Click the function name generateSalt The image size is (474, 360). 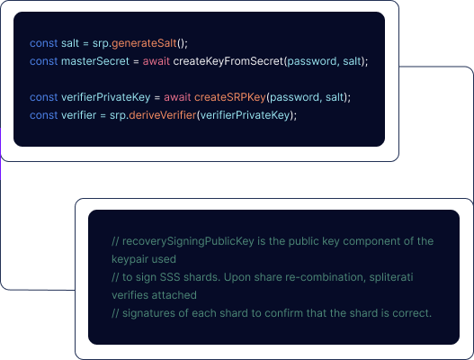pos(144,43)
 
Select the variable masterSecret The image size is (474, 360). pos(95,61)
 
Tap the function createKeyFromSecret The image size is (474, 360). pos(228,61)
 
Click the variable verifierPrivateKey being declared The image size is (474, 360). pos(106,97)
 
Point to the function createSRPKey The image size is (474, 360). pos(230,97)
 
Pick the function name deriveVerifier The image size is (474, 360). pos(163,115)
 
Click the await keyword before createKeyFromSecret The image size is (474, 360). pos(157,61)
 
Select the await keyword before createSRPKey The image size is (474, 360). pos(177,97)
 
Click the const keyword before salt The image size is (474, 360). pos(43,43)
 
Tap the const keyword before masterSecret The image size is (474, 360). pos(43,61)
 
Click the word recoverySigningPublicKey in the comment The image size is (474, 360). pos(188,241)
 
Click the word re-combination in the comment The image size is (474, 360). pos(325,277)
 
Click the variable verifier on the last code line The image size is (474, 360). pos(78,115)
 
